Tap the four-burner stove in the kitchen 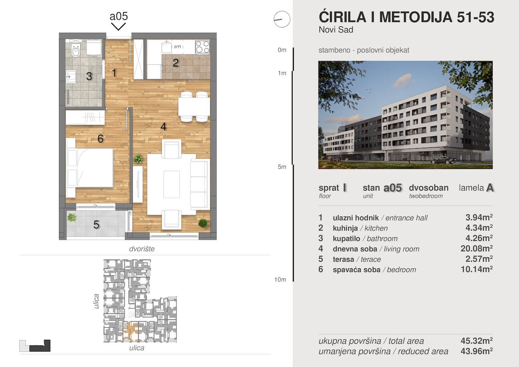(202, 47)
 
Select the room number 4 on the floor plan (163, 127)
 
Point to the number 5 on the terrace (96, 224)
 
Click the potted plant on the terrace (72, 218)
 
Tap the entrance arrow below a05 (119, 26)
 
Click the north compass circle (282, 19)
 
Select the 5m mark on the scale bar (282, 167)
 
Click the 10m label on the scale (280, 280)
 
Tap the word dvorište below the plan (142, 249)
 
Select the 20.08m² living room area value (477, 248)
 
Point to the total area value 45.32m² (477, 341)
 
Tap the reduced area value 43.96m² (477, 351)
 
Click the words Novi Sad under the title (336, 30)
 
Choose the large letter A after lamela (490, 188)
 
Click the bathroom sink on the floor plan (71, 76)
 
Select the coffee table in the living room (171, 184)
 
